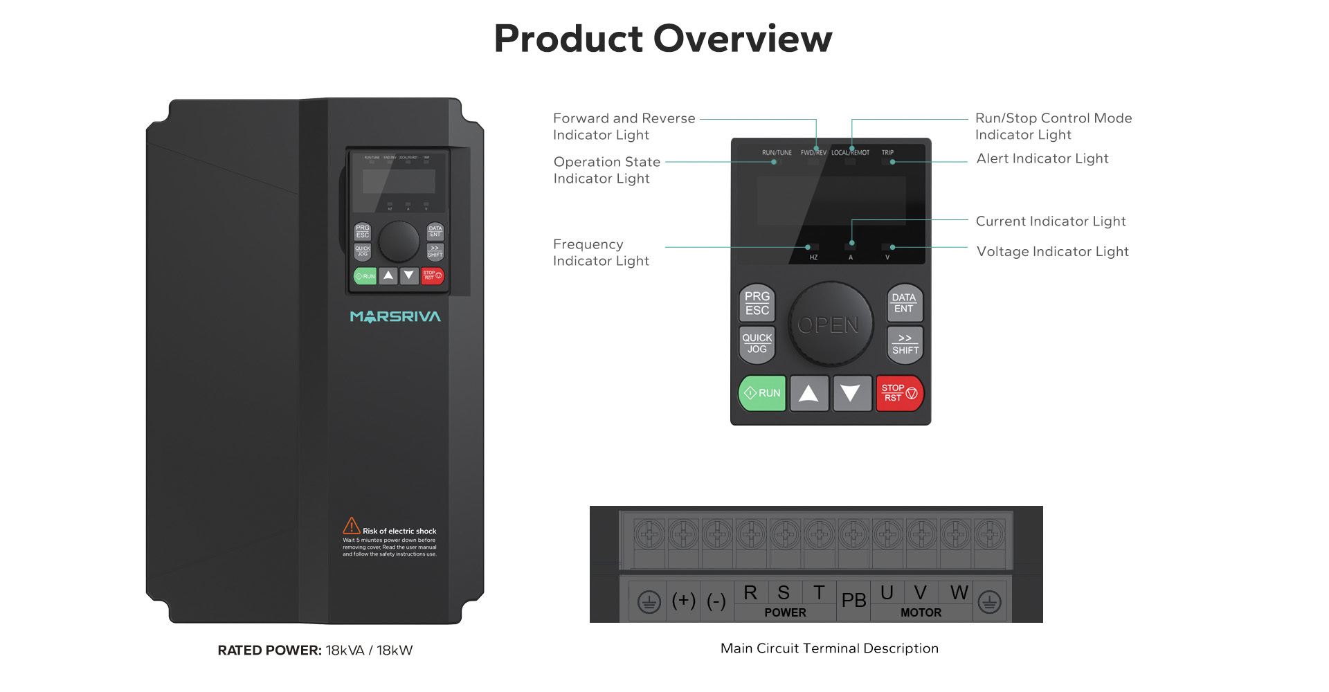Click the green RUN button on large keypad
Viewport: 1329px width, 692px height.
(762, 393)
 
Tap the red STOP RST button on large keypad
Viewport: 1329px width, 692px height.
(899, 393)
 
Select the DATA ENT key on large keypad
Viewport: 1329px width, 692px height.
(905, 303)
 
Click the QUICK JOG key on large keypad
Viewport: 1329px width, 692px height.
(757, 344)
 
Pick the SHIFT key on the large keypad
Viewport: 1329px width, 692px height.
(905, 344)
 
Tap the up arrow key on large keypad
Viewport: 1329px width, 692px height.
(808, 393)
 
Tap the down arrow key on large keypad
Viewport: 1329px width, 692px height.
(851, 393)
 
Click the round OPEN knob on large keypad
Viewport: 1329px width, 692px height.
(829, 324)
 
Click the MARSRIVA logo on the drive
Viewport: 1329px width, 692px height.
(395, 317)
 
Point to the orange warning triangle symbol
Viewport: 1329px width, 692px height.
(351, 526)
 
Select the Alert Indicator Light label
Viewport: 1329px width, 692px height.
(1042, 158)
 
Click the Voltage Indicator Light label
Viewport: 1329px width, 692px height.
(1052, 251)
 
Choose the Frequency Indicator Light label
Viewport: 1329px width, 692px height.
(601, 253)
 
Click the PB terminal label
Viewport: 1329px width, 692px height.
(853, 601)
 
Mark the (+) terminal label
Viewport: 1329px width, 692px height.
(683, 601)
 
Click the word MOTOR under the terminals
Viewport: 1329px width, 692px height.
(921, 612)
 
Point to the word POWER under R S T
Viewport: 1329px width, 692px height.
(785, 612)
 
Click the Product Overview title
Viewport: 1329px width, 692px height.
(662, 38)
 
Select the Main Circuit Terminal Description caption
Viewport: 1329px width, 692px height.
(829, 648)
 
